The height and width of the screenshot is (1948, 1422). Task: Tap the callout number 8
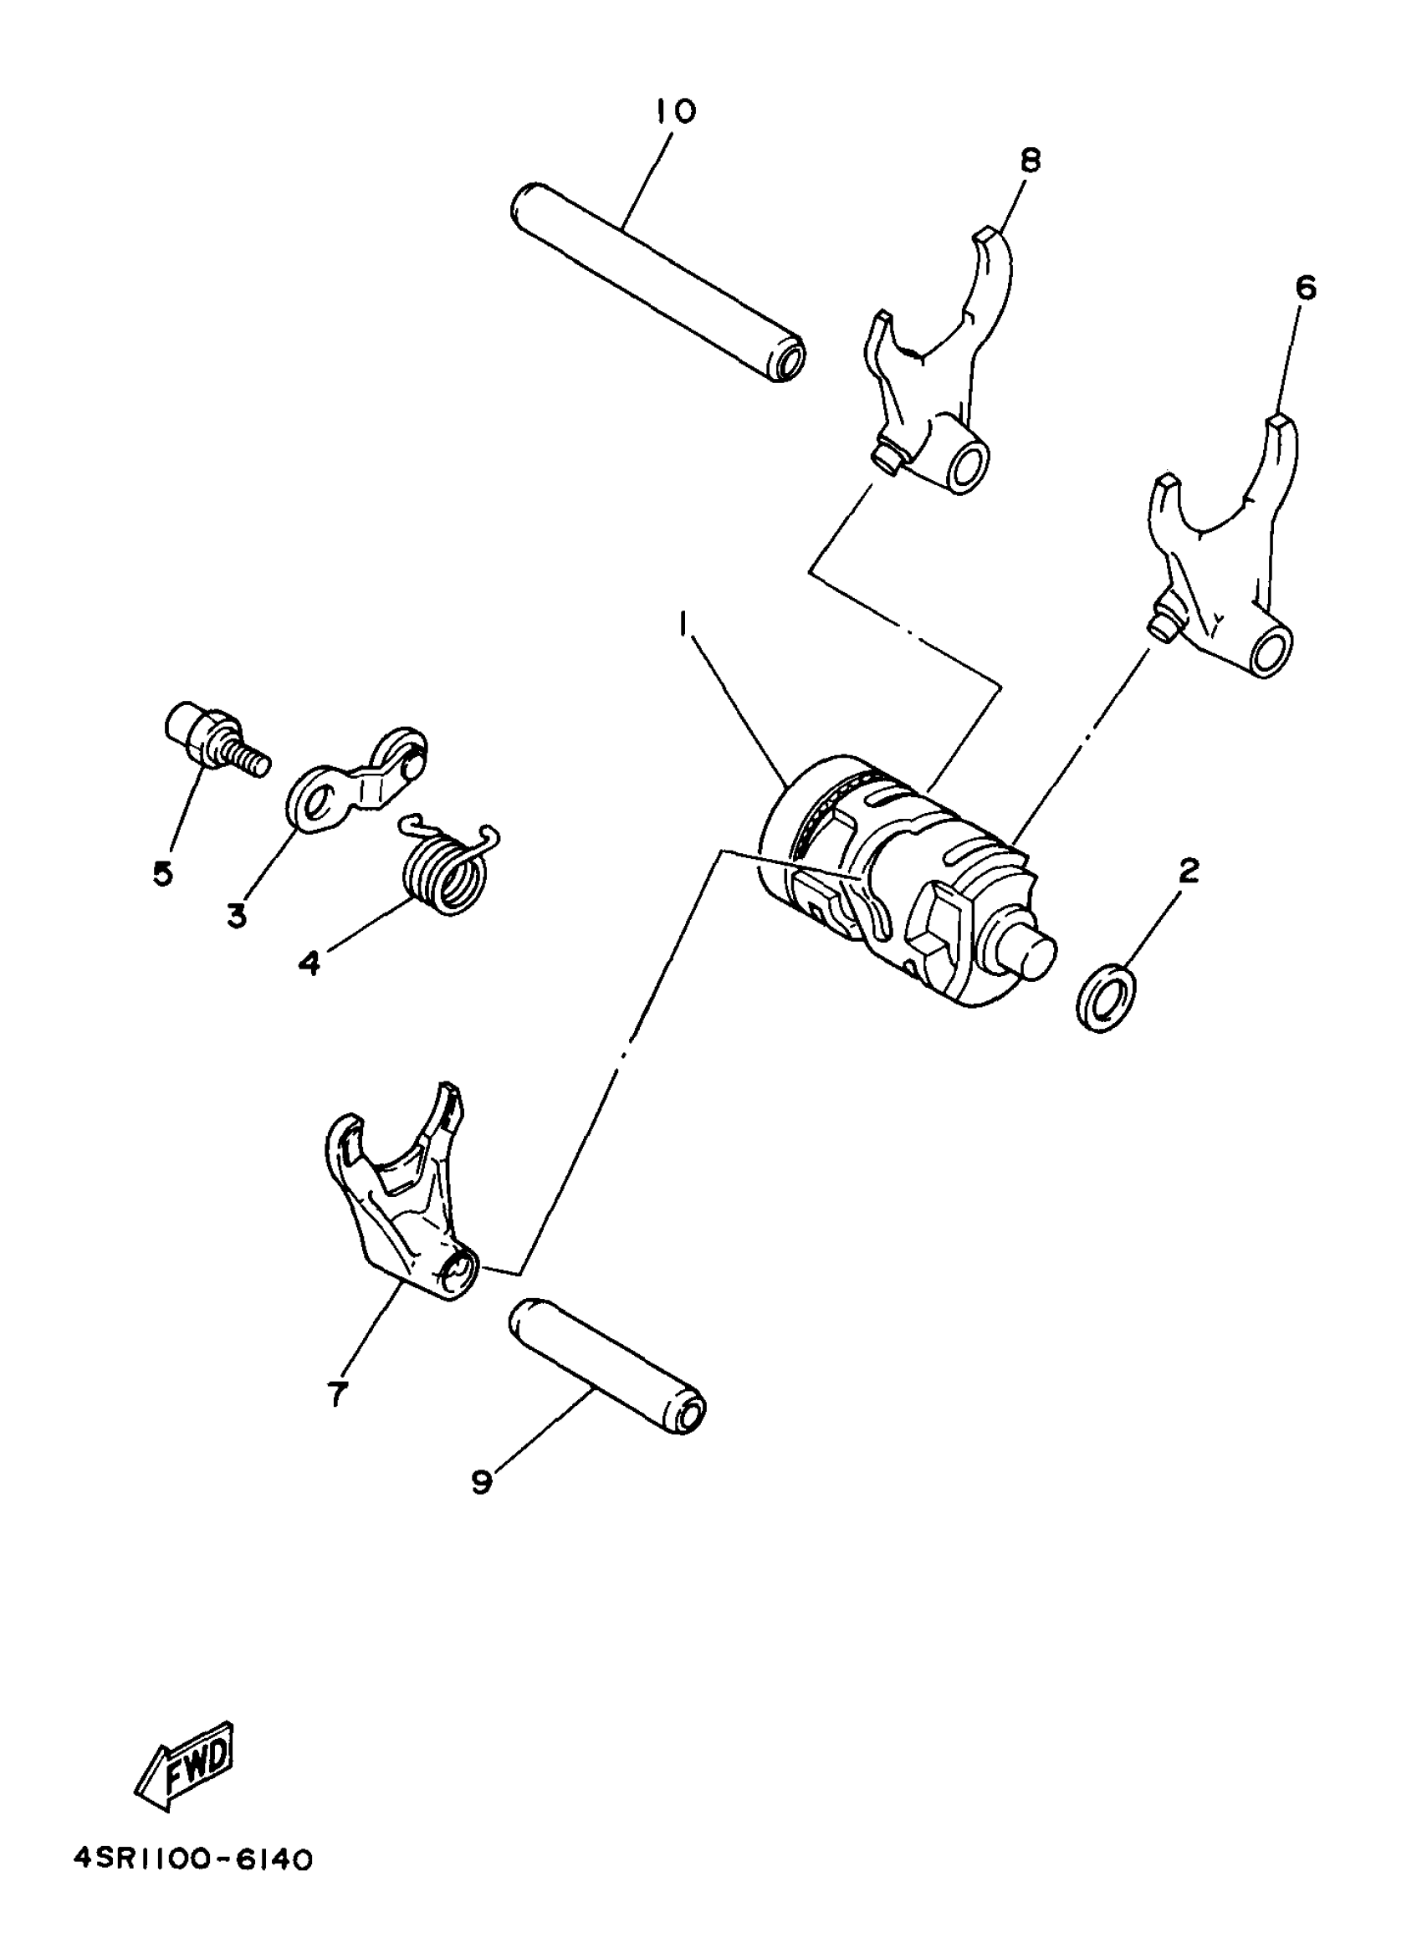pyautogui.click(x=1031, y=160)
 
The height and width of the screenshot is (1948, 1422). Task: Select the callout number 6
pyautogui.click(x=1305, y=288)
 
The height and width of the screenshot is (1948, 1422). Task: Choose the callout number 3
pyautogui.click(x=237, y=916)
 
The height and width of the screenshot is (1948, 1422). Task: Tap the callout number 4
pyautogui.click(x=309, y=963)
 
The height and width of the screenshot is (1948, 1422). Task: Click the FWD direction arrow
pyautogui.click(x=185, y=1755)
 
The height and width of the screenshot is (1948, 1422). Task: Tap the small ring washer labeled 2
pyautogui.click(x=1105, y=997)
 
